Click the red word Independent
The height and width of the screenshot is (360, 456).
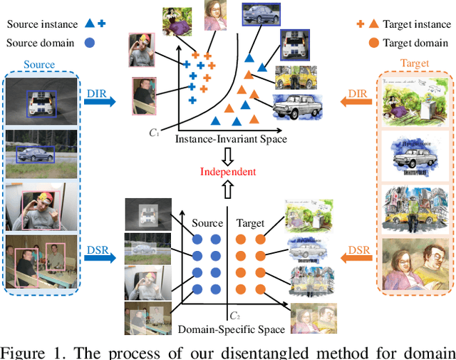pyautogui.click(x=227, y=172)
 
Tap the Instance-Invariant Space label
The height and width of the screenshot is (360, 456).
pyautogui.click(x=231, y=139)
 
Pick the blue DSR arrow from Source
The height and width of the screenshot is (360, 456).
pyautogui.click(x=98, y=252)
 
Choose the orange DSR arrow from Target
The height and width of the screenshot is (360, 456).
pyautogui.click(x=356, y=252)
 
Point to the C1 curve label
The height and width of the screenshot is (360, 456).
pyautogui.click(x=153, y=132)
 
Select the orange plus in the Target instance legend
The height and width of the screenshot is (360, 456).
pyautogui.click(x=361, y=24)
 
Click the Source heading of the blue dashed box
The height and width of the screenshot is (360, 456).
pyautogui.click(x=39, y=64)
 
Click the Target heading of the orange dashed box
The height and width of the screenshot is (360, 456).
pyautogui.click(x=415, y=63)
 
